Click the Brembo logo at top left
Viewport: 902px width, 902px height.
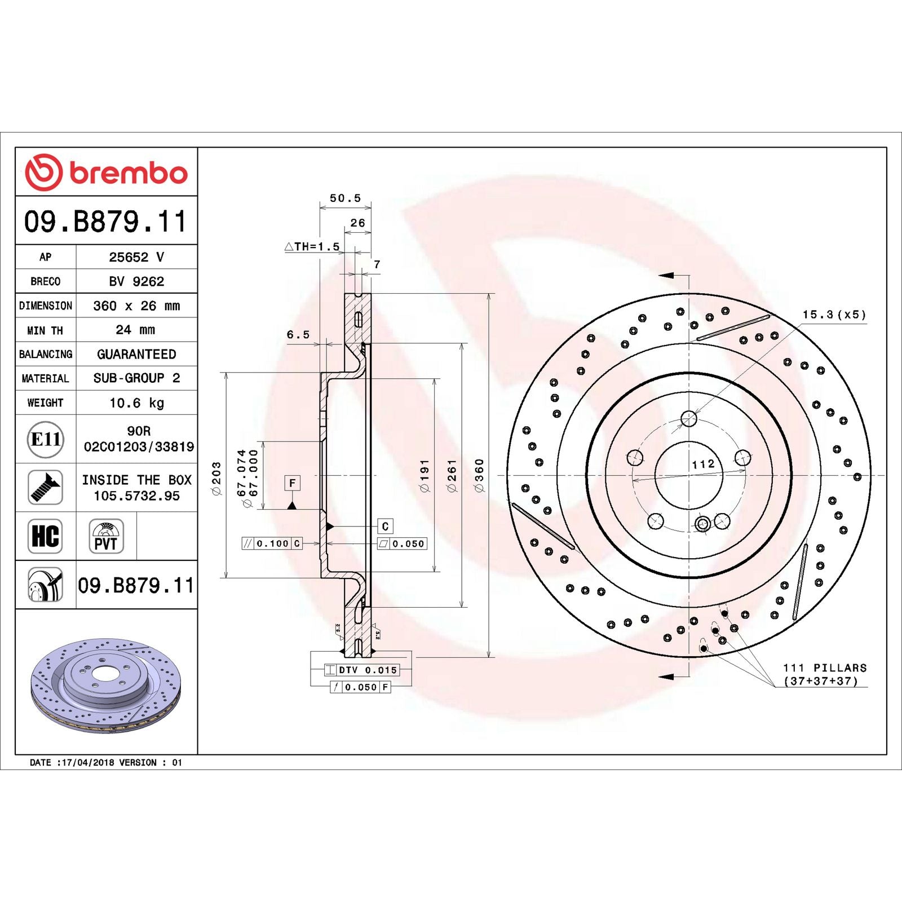pyautogui.click(x=106, y=172)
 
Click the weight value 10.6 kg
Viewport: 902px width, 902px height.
pyautogui.click(x=136, y=403)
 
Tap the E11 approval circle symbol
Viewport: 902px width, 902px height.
pyautogui.click(x=45, y=439)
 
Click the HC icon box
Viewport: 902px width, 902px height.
pyautogui.click(x=45, y=536)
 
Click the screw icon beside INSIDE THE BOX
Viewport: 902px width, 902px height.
pyautogui.click(x=45, y=487)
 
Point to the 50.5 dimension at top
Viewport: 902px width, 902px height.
pyautogui.click(x=345, y=198)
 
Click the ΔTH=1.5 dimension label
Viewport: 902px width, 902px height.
pyautogui.click(x=312, y=246)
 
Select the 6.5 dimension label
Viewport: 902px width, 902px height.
pyautogui.click(x=298, y=334)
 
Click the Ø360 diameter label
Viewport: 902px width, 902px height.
pyautogui.click(x=479, y=475)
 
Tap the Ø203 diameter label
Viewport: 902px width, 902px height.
pyautogui.click(x=216, y=478)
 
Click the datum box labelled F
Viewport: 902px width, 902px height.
pyautogui.click(x=292, y=483)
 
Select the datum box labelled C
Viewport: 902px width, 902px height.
pyautogui.click(x=385, y=526)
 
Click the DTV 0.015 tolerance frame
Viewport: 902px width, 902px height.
pyautogui.click(x=361, y=670)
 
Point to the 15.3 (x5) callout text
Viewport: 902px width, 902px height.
pyautogui.click(x=834, y=315)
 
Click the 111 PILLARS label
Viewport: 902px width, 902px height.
pyautogui.click(x=825, y=667)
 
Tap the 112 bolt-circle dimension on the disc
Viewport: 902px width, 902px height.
pyautogui.click(x=703, y=464)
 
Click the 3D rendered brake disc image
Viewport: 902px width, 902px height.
pyautogui.click(x=106, y=686)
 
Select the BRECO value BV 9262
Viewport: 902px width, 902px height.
pyautogui.click(x=136, y=281)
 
